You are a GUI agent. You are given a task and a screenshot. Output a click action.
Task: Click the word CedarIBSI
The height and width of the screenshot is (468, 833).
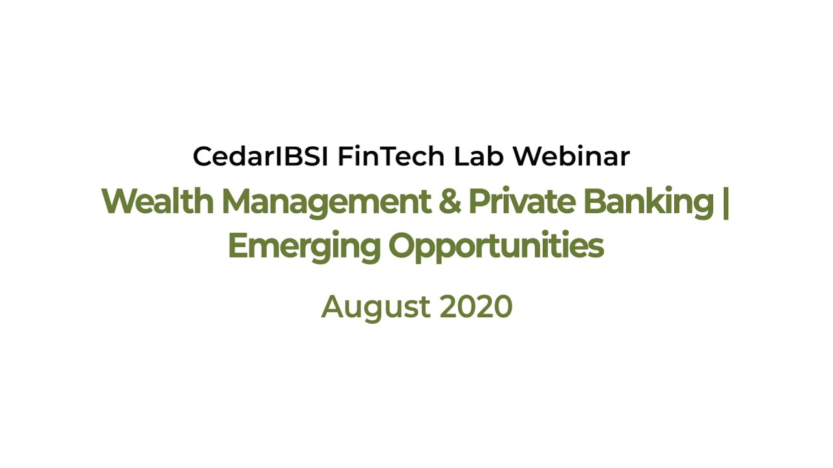[260, 156]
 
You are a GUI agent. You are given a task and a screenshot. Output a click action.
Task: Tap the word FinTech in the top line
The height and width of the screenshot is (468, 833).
[391, 156]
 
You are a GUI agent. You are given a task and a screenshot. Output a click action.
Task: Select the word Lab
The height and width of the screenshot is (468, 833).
[478, 156]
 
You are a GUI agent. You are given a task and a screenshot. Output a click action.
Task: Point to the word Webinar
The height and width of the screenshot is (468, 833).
[571, 156]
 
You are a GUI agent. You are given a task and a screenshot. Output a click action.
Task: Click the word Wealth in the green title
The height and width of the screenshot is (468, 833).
[157, 201]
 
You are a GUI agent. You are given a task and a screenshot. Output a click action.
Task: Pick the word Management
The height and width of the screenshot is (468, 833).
[326, 203]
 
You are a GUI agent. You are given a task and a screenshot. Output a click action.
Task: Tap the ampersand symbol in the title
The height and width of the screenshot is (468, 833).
[450, 201]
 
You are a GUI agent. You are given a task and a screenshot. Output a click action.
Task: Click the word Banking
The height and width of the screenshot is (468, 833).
[649, 203]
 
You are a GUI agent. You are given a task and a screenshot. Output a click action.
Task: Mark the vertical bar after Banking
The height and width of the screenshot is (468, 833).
[726, 203]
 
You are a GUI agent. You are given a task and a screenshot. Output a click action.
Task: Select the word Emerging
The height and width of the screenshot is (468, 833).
[304, 248]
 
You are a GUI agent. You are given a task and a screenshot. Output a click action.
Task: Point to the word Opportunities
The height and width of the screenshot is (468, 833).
[496, 248]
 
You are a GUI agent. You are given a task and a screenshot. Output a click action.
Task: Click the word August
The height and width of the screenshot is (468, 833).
[376, 307]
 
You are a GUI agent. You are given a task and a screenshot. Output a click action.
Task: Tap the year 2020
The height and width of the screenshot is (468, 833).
[476, 307]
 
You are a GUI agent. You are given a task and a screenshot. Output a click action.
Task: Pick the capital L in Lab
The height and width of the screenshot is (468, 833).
[461, 156]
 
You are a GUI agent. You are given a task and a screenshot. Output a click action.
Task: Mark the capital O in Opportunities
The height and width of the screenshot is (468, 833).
[403, 245]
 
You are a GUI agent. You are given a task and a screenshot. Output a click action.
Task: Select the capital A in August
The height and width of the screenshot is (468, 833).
[335, 307]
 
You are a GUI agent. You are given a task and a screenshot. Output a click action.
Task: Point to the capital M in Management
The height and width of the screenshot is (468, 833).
[238, 201]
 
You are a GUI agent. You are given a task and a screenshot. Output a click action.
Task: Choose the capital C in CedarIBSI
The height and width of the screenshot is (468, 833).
[202, 156]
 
